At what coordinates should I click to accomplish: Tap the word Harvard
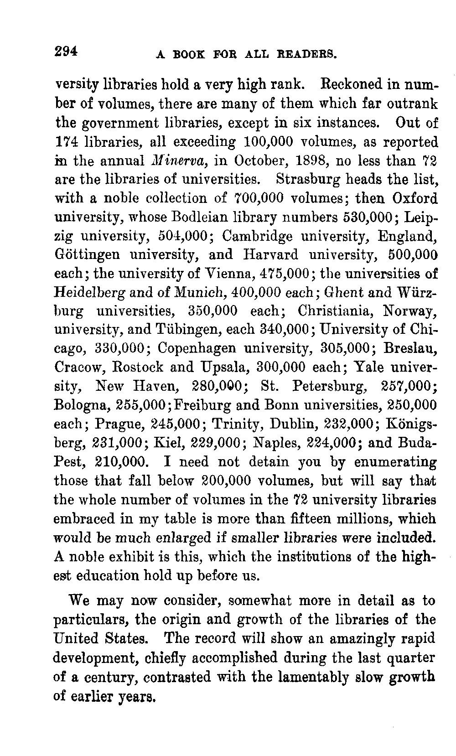click(271, 254)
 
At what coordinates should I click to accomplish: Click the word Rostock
click(135, 368)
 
